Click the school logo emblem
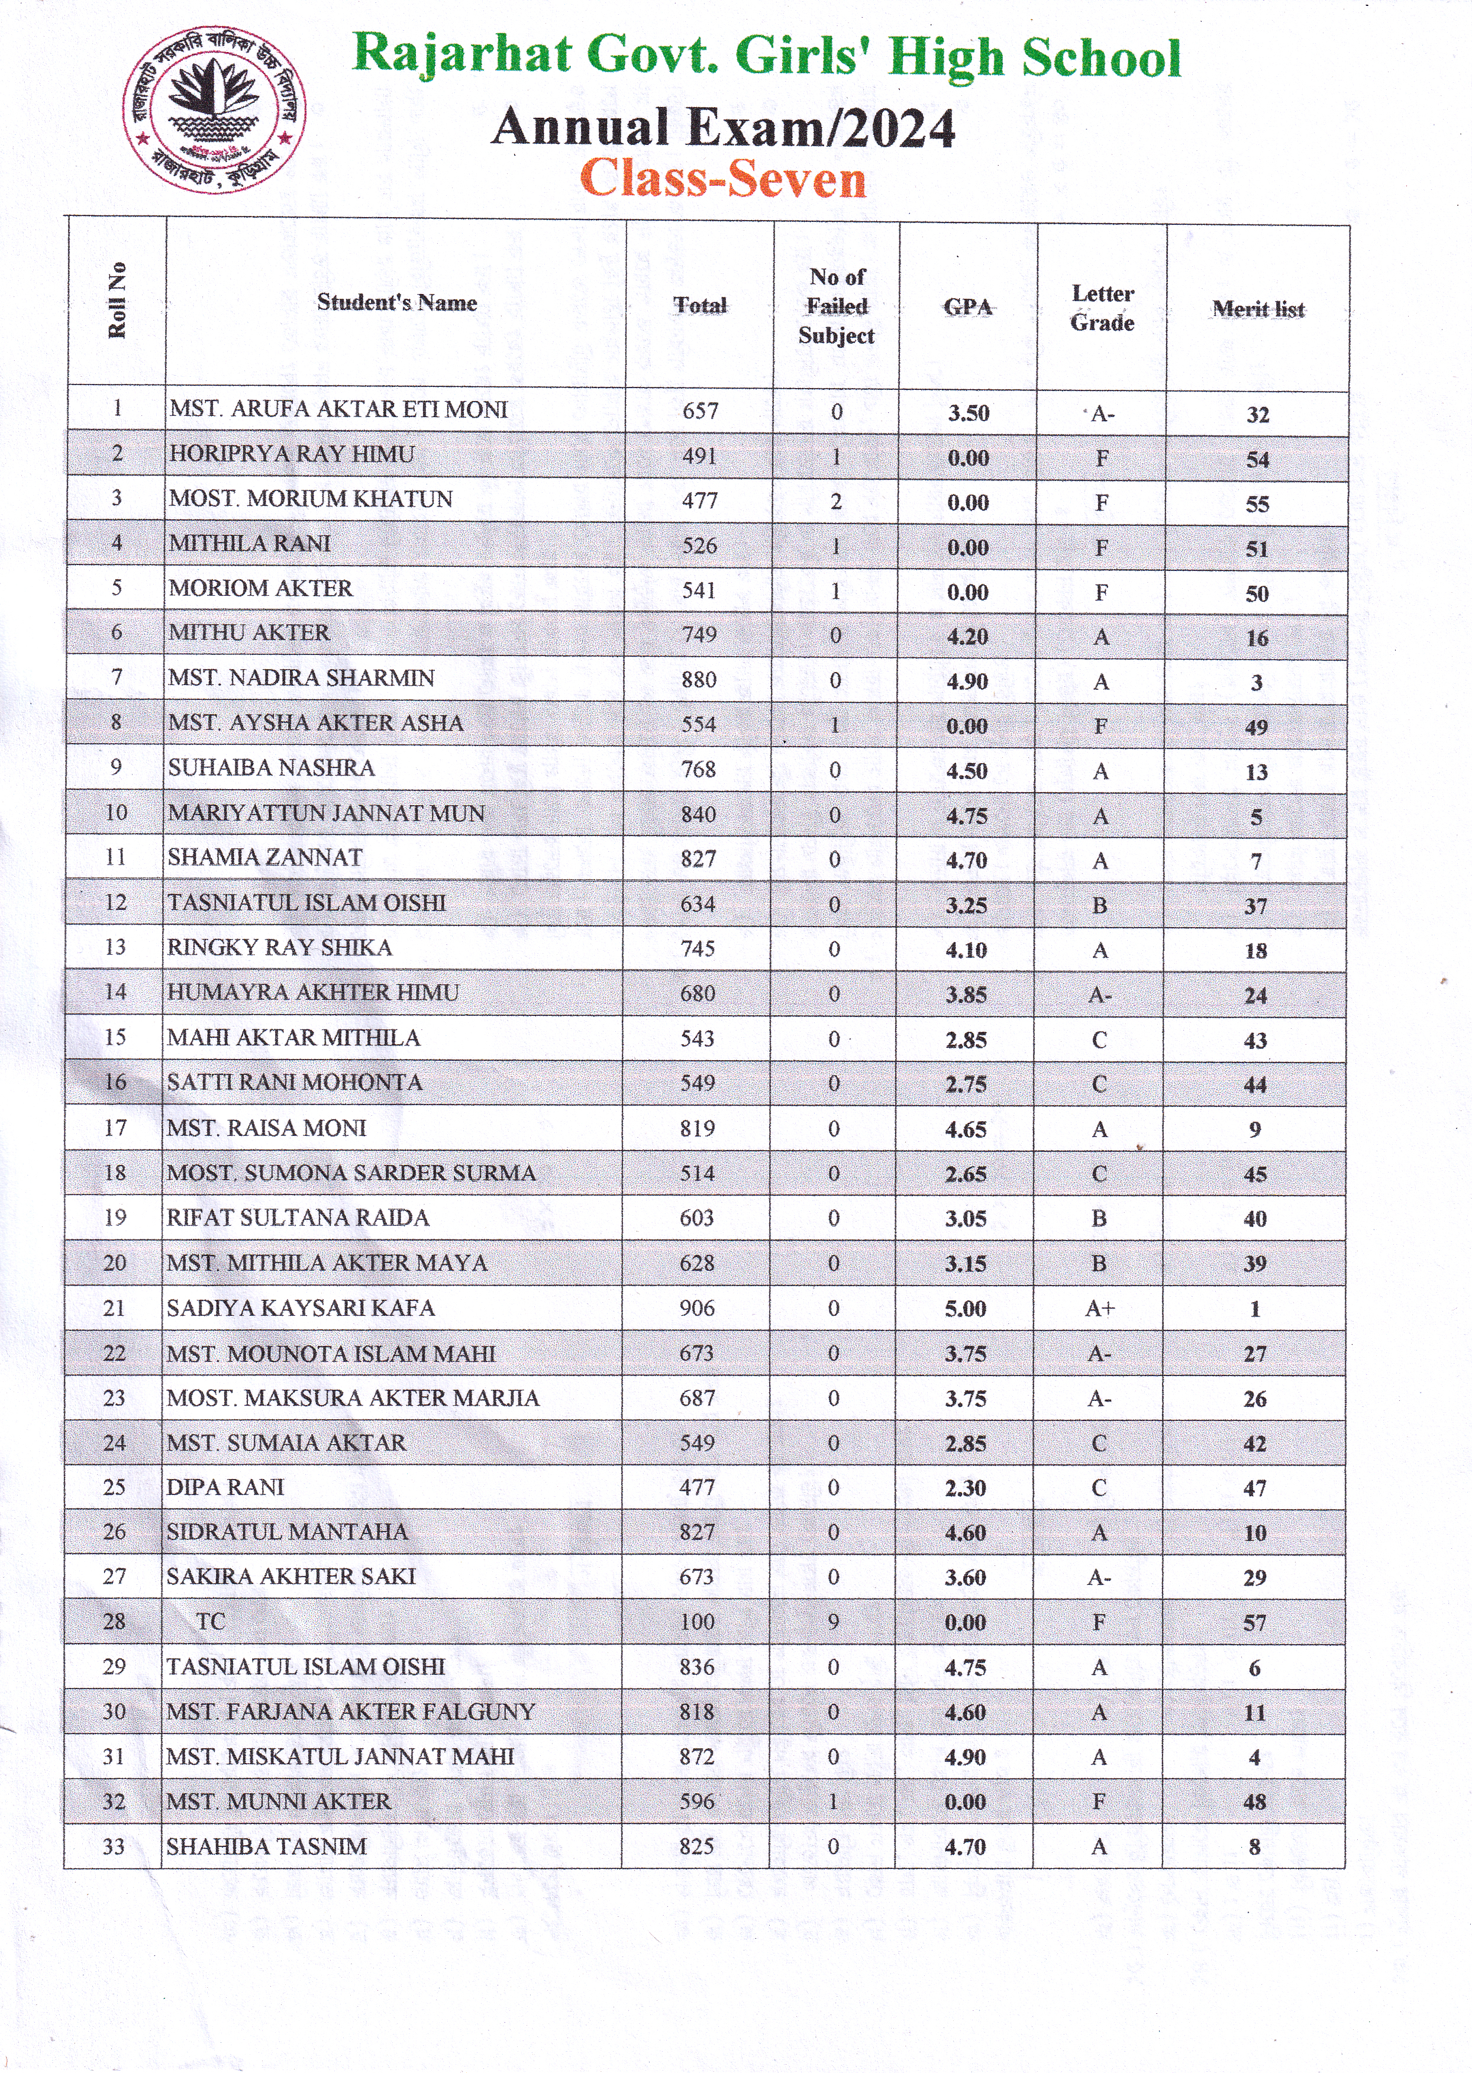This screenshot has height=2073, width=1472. (214, 109)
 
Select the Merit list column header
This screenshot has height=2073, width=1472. (1257, 309)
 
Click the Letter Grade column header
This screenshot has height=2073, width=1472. (1102, 308)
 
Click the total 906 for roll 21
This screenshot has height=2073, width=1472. (697, 1308)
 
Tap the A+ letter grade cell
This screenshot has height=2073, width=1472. (1099, 1308)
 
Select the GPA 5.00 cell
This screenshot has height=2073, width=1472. (966, 1309)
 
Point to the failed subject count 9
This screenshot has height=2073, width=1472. (833, 1622)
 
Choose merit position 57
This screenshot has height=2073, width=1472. (1254, 1623)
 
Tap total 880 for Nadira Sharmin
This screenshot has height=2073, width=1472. (699, 680)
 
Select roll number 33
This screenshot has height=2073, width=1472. (114, 1846)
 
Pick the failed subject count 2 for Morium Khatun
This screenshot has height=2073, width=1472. (836, 501)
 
